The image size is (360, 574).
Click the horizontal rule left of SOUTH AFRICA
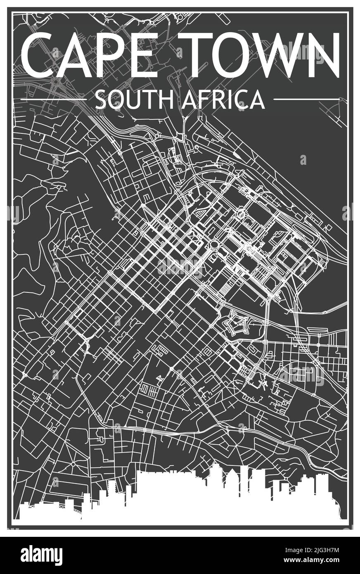point(54,100)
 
